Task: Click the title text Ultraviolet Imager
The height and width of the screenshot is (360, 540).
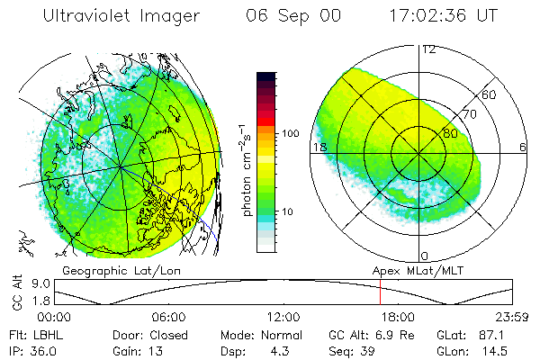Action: coord(121,17)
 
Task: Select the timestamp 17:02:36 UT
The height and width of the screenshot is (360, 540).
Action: coord(442,17)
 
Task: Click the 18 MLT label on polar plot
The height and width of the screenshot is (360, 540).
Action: coord(318,147)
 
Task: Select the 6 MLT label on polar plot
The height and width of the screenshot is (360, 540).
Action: coord(523,147)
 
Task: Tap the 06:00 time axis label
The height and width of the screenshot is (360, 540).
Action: coord(169,317)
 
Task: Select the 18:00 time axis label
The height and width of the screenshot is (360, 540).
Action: coord(396,317)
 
